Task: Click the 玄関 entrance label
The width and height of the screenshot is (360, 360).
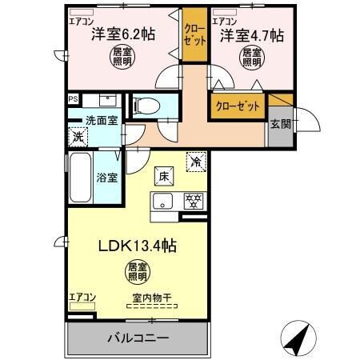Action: [280, 124]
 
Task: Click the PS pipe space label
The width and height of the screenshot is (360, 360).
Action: [73, 99]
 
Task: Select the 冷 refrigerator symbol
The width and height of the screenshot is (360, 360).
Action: [196, 160]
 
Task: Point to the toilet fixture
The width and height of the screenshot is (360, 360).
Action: [146, 105]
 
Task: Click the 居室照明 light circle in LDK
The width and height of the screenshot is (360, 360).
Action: [137, 272]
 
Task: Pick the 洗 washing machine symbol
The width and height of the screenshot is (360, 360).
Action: [78, 137]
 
